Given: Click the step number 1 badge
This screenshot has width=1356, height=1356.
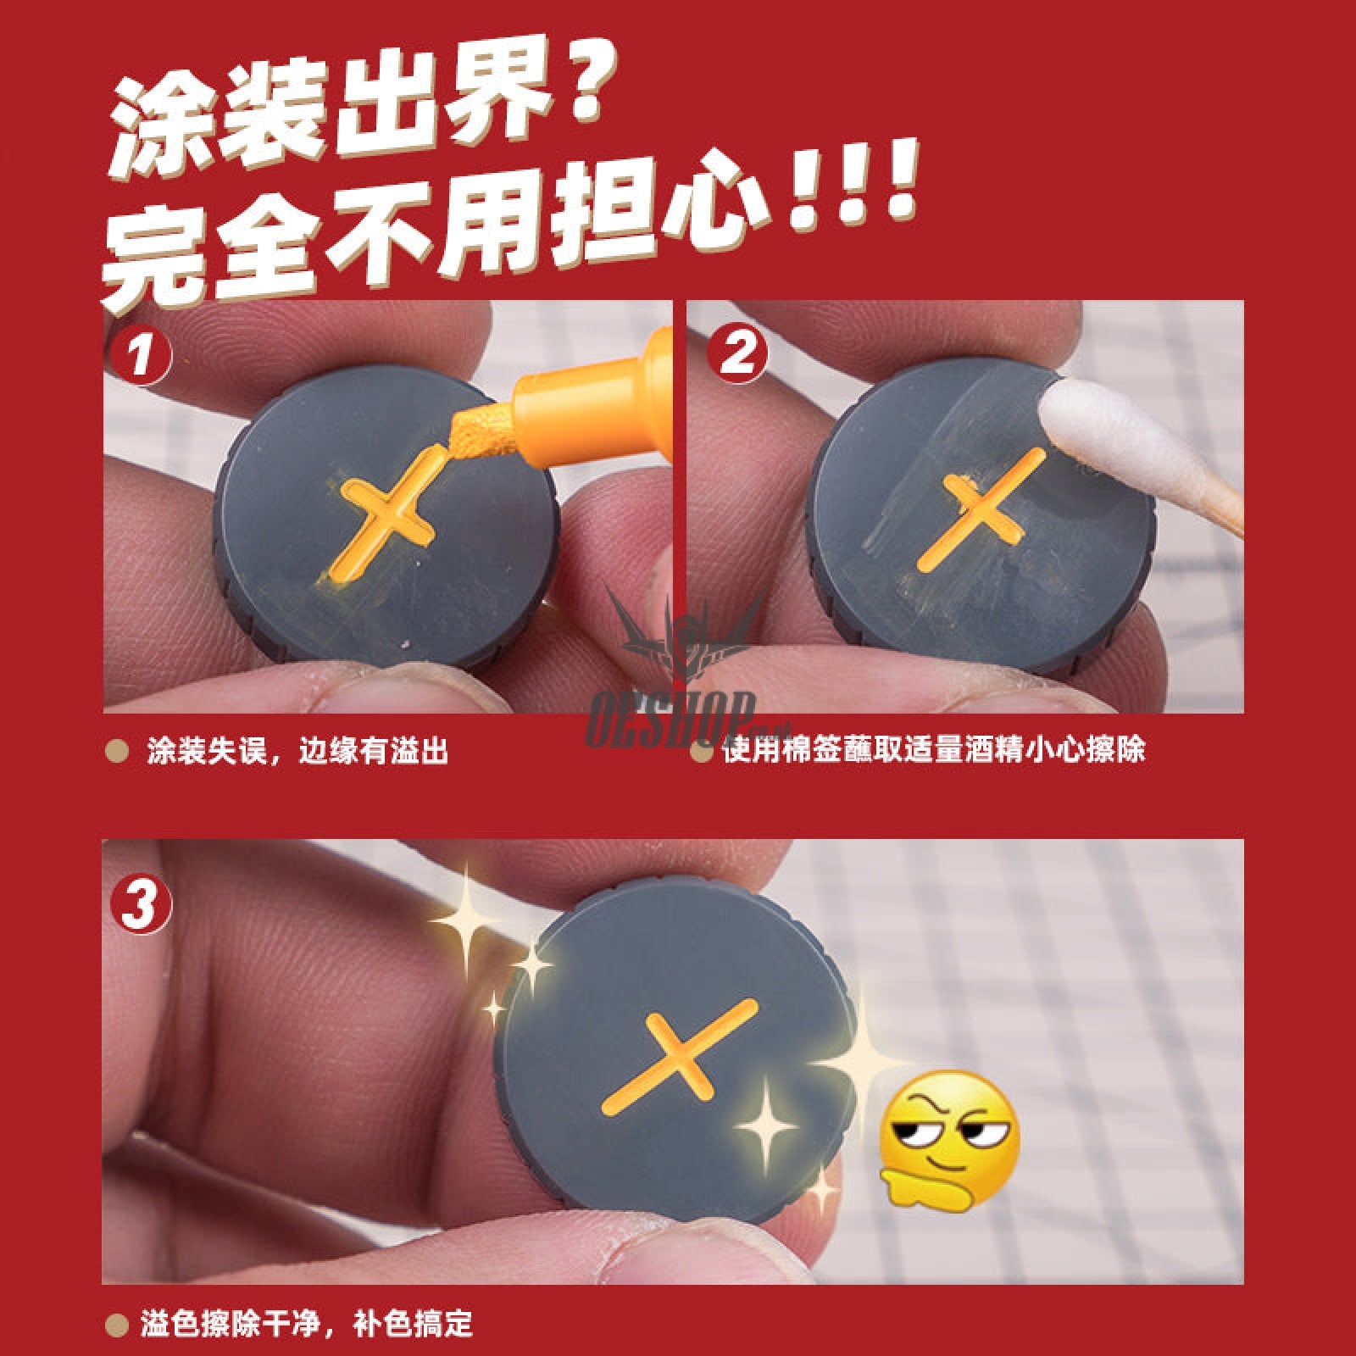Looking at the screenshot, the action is pyautogui.click(x=140, y=355).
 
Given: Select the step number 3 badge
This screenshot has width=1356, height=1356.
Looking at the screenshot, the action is pyautogui.click(x=141, y=904).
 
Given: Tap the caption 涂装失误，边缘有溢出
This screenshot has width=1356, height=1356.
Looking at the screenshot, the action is pyautogui.click(x=296, y=751).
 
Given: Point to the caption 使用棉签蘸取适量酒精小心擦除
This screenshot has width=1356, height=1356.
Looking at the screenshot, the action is pyautogui.click(x=933, y=749).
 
